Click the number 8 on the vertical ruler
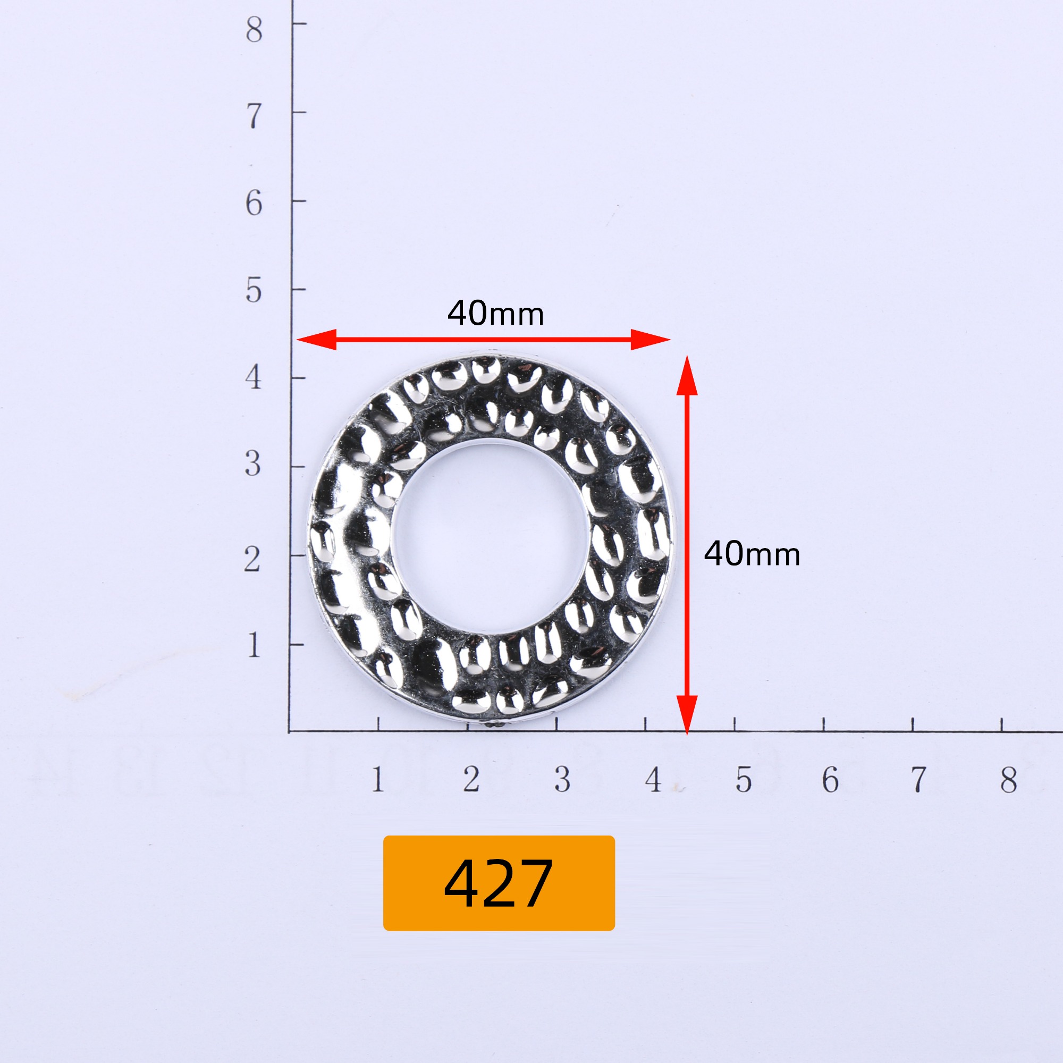click(x=254, y=30)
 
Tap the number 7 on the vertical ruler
click(x=254, y=116)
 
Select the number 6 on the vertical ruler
click(x=254, y=204)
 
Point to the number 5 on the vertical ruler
click(x=254, y=291)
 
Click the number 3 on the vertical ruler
click(x=252, y=465)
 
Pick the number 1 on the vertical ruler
click(x=254, y=645)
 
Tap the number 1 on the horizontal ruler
click(x=377, y=780)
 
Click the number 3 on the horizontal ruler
click(x=562, y=780)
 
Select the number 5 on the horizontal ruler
click(x=744, y=780)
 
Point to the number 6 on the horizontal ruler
click(x=830, y=780)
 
